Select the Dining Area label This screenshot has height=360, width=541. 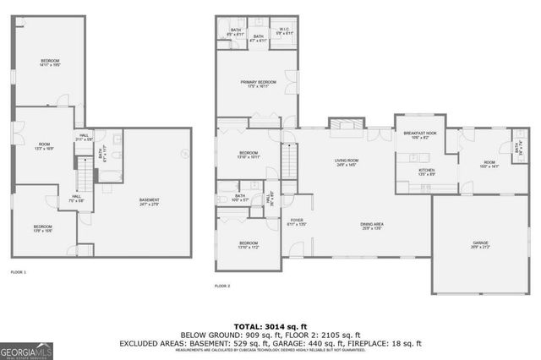click(373, 226)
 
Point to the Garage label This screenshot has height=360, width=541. click(480, 244)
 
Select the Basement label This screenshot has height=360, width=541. click(149, 201)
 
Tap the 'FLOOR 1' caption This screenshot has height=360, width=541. click(19, 272)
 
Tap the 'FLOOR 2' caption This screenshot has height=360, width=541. click(222, 286)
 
